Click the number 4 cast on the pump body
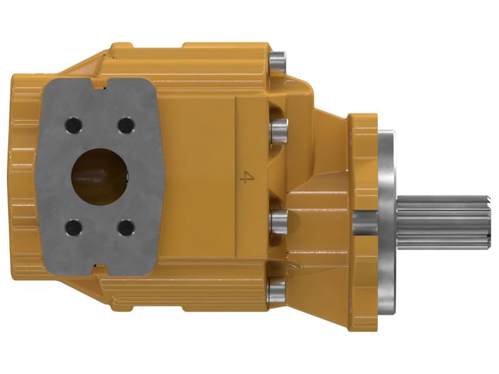coord(247,178)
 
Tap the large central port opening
coord(100,176)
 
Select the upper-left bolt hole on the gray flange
coord(72,126)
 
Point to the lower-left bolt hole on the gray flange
coord(72,227)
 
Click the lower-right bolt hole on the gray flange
coord(125,227)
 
